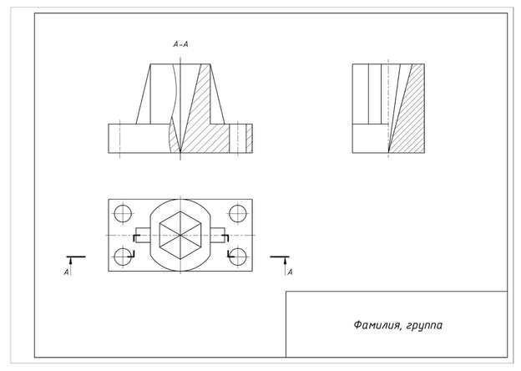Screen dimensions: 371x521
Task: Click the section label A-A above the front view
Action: coord(180,43)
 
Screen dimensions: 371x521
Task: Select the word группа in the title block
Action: coord(424,323)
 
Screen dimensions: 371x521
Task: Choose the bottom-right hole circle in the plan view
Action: coord(236,257)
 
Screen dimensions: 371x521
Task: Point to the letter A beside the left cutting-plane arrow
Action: coord(66,272)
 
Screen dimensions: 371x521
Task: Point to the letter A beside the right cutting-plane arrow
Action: coord(290,272)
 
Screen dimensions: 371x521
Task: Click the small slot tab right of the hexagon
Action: coord(218,235)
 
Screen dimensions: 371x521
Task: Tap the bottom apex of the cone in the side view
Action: coord(387,150)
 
